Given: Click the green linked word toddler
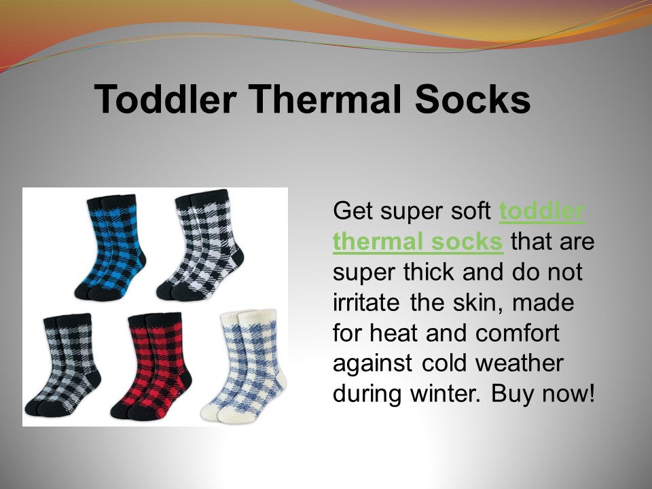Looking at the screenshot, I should [x=541, y=212].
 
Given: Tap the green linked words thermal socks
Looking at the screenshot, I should [x=418, y=242].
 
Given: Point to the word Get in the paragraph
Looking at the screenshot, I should [x=351, y=212].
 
